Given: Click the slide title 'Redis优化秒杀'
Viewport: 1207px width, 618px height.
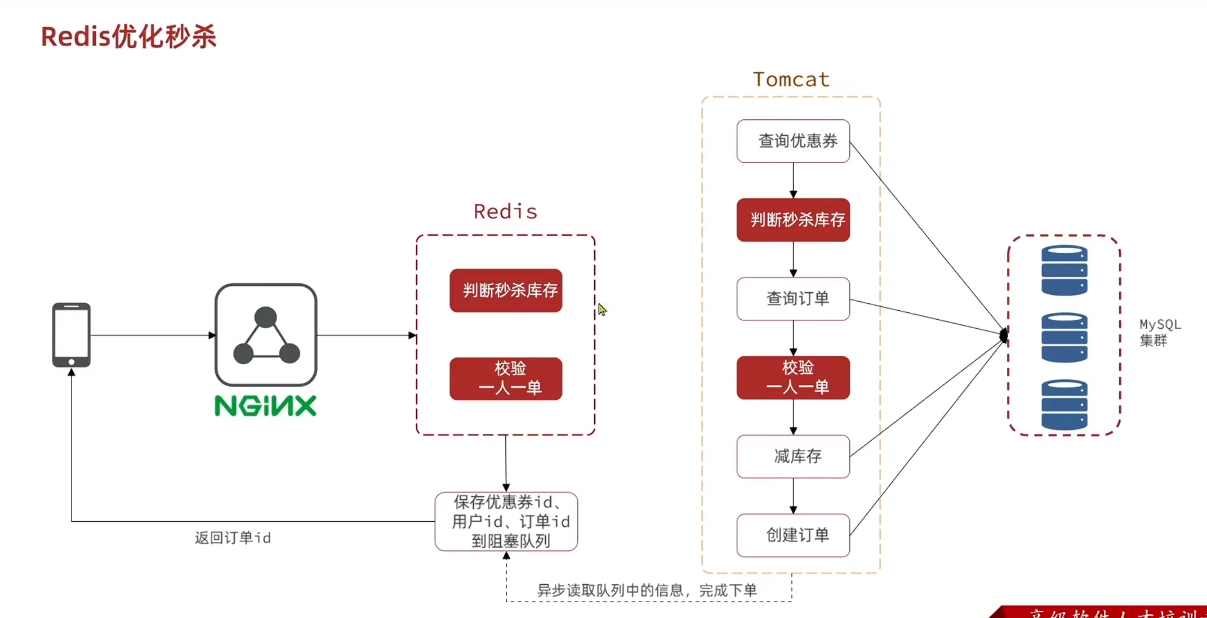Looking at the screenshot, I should [x=128, y=37].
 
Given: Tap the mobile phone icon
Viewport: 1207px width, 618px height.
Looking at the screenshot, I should [x=72, y=335].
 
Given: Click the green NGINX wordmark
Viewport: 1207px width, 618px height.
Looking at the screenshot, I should [x=265, y=406].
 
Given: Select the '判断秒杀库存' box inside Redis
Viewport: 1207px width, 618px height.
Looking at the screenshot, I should [x=506, y=290].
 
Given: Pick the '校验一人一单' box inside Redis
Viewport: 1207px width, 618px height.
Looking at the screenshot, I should [x=506, y=378].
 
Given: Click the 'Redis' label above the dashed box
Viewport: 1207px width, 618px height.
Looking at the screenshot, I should [x=505, y=212].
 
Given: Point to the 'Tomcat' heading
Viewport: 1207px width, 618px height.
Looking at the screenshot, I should [x=791, y=79].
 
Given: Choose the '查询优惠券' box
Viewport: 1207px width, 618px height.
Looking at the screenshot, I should [x=793, y=141].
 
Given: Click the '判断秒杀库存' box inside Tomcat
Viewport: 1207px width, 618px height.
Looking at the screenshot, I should [x=793, y=220].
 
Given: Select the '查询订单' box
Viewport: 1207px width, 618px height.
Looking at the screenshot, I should [x=793, y=298].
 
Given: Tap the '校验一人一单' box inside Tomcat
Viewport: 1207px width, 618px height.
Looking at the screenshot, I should [x=793, y=377].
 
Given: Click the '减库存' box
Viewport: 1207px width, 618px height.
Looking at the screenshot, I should [x=793, y=456].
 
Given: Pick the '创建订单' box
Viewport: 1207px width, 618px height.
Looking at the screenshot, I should [x=793, y=535].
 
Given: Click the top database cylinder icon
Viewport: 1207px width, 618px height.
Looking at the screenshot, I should [x=1064, y=270].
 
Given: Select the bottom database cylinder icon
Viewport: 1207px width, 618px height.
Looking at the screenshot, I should [x=1064, y=405].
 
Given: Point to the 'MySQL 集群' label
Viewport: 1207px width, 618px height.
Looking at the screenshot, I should [x=1159, y=332].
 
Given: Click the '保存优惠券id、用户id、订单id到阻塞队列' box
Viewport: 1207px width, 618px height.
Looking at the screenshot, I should [x=506, y=521].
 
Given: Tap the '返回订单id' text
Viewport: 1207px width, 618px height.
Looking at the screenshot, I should [x=233, y=538].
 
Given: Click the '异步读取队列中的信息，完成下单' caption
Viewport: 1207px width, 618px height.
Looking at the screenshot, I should [x=647, y=590].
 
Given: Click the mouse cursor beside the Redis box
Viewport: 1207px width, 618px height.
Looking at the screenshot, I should [x=602, y=309].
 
